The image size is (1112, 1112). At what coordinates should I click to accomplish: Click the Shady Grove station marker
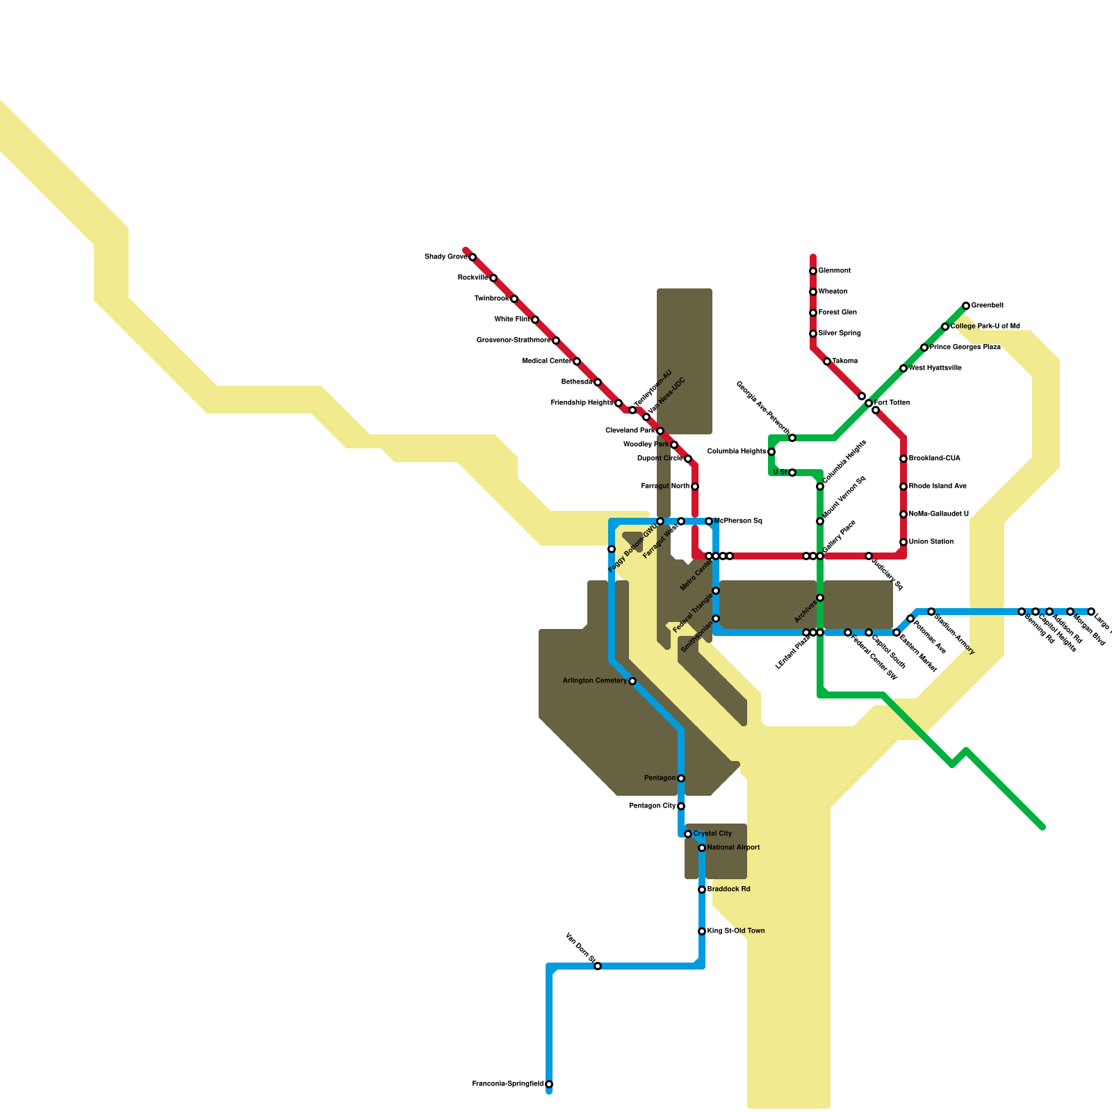click(473, 257)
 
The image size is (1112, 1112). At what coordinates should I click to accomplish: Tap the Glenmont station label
click(834, 271)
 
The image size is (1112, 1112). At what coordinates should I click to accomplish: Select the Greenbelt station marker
click(966, 306)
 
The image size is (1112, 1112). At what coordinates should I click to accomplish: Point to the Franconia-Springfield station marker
click(549, 1084)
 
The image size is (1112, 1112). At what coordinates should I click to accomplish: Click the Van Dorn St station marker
click(598, 966)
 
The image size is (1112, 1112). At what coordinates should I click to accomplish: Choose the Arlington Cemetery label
click(594, 681)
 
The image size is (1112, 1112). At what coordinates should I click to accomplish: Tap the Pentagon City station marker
click(681, 806)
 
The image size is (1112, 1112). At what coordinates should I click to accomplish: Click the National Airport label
click(733, 848)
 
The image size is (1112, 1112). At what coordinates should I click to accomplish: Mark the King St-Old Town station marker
click(702, 931)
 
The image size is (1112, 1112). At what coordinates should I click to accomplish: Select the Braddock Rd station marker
click(702, 890)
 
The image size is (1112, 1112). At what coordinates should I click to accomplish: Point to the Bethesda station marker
click(598, 382)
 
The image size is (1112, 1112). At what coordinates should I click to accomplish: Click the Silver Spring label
click(840, 334)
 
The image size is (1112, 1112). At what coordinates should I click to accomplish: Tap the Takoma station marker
click(827, 361)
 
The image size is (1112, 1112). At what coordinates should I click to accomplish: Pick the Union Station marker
click(903, 542)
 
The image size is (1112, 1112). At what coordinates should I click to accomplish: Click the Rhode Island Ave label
click(938, 486)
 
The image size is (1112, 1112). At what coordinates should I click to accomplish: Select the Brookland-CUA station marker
click(903, 459)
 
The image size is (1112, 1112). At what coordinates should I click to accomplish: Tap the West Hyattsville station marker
click(903, 368)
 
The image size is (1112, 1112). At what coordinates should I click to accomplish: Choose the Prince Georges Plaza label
click(965, 347)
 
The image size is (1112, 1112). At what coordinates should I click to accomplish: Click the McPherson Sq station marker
click(709, 521)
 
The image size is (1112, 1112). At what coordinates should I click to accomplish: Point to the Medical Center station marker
click(577, 361)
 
